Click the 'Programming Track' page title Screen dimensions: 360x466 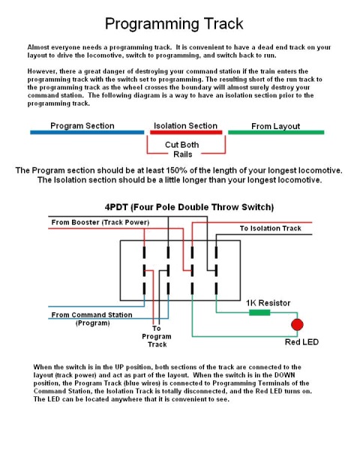174,24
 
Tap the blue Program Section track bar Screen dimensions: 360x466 87,132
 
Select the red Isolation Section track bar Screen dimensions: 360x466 186,132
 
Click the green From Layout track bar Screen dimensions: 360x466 276,132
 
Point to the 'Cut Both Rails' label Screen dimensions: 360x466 182,149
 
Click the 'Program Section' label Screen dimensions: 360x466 82,126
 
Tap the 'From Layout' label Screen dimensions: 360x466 276,126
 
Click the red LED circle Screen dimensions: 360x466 297,324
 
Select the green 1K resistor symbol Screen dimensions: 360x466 259,312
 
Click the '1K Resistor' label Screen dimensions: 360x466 268,303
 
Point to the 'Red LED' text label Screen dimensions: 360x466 301,342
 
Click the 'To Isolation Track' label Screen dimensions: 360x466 270,228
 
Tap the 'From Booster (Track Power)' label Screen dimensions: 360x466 100,222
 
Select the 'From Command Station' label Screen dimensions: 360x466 91,314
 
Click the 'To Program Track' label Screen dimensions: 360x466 157,336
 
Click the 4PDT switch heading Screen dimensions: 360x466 189,207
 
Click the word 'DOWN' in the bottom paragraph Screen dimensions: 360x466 284,375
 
